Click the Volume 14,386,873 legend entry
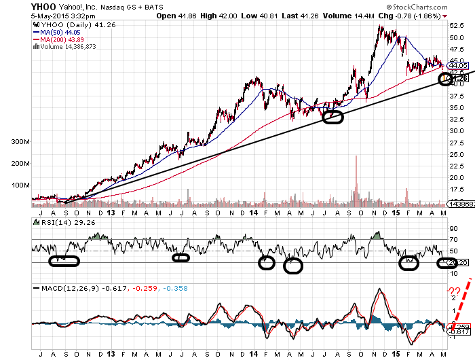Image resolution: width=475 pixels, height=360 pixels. coord(69,47)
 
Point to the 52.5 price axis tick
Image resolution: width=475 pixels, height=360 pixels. coord(455,26)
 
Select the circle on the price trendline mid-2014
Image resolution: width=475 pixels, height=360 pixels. coord(333,116)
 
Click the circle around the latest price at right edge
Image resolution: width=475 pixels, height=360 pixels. coord(446,79)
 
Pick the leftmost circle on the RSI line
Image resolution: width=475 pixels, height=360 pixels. coord(64,259)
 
